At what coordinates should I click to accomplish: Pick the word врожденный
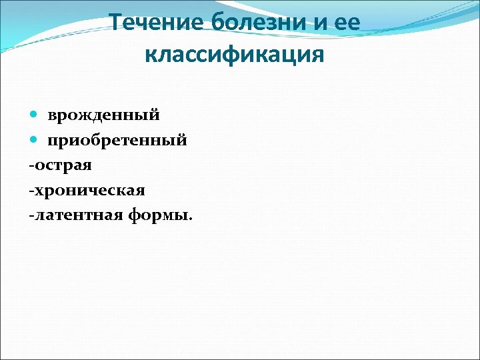click(103, 115)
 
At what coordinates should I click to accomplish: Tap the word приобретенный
click(117, 141)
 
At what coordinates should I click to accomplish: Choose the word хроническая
click(89, 191)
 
